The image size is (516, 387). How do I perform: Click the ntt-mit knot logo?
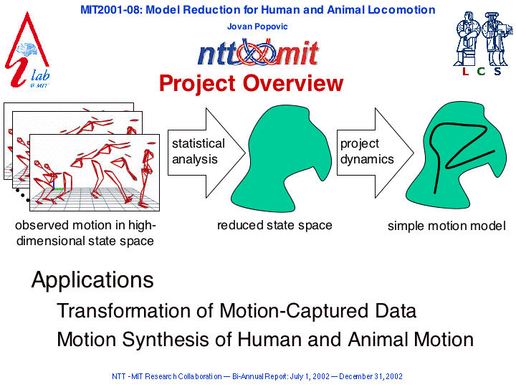pos(258,52)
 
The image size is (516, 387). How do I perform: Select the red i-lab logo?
pos(27,50)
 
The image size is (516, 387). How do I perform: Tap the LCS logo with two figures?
pos(483,44)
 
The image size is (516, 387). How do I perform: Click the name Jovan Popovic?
pos(257,27)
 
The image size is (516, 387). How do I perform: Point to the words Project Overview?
pos(252,83)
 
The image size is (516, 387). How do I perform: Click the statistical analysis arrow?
pos(206,153)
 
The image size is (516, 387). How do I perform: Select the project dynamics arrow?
pos(375,153)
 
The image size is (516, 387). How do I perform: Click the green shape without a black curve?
pos(282,158)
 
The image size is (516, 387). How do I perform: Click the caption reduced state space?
pos(274,226)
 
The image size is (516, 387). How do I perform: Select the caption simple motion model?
pos(446,226)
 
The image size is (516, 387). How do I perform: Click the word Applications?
pos(92,281)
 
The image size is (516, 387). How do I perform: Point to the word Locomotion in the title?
pos(401,10)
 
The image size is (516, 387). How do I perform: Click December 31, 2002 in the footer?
pos(371,376)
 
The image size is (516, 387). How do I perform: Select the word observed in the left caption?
pos(42,226)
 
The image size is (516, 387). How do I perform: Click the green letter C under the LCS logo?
pos(481,71)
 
